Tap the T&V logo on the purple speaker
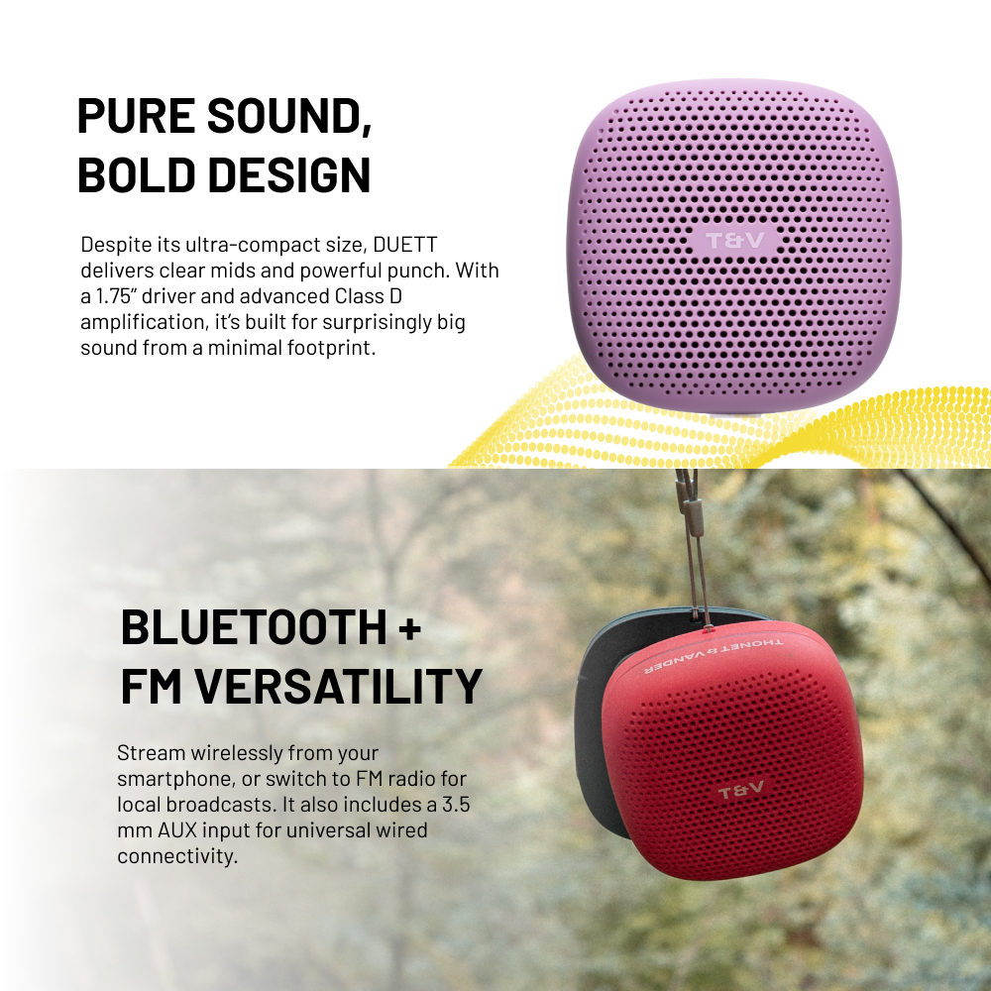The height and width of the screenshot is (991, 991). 734,241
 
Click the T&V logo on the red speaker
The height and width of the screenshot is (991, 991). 741,791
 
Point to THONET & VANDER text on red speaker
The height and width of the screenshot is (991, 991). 713,655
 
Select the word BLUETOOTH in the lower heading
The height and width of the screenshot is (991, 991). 254,627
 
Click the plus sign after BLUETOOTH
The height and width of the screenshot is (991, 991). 411,628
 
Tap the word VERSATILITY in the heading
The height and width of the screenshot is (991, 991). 338,687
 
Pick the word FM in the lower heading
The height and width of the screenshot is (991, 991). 151,687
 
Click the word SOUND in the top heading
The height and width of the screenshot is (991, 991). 288,116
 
